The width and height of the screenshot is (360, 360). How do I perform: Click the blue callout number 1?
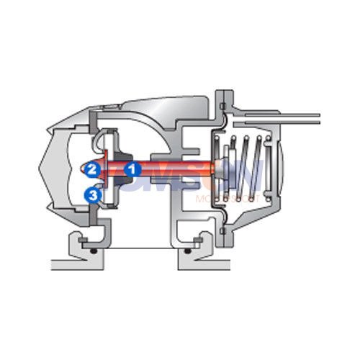[x=132, y=170]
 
